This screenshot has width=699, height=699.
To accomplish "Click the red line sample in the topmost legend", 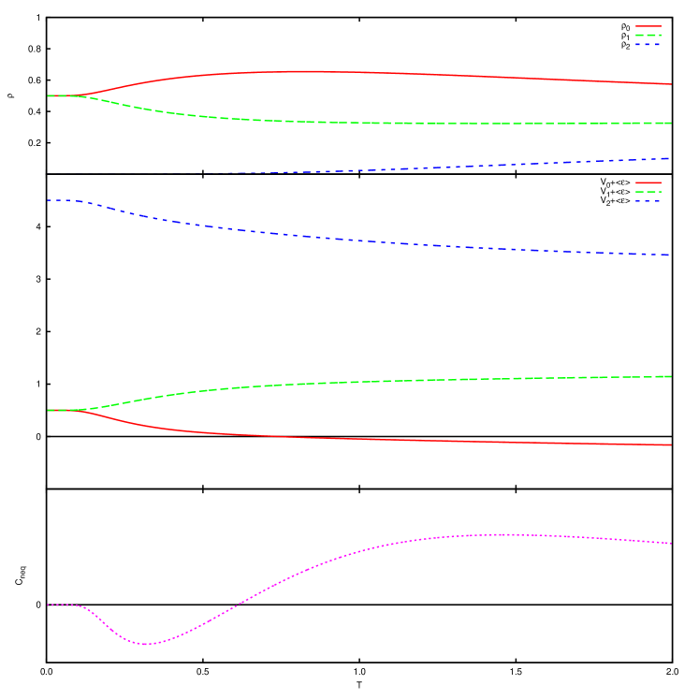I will pyautogui.click(x=648, y=26).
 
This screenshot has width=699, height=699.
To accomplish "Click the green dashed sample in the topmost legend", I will pyautogui.click(x=648, y=35).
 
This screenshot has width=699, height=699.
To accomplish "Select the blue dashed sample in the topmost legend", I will pyautogui.click(x=648, y=44).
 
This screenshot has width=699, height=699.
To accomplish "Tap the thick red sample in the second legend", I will pyautogui.click(x=648, y=182).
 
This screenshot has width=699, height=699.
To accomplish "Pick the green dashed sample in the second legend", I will pyautogui.click(x=648, y=192).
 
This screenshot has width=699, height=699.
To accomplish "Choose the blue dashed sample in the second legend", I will pyautogui.click(x=648, y=200).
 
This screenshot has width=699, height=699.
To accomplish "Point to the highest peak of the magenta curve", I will pyautogui.click(x=502, y=534).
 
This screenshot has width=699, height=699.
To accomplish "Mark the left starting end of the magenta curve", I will pyautogui.click(x=48, y=604).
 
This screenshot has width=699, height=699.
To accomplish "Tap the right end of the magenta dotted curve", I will pyautogui.click(x=671, y=543).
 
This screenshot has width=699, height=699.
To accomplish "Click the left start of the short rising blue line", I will pyautogui.click(x=227, y=172).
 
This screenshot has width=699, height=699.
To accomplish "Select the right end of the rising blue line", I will pyautogui.click(x=670, y=158).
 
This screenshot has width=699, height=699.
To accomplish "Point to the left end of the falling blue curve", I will pyautogui.click(x=48, y=200).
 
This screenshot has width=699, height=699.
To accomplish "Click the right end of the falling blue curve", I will pyautogui.click(x=670, y=255).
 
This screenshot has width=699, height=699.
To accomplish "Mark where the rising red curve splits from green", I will pyautogui.click(x=80, y=95).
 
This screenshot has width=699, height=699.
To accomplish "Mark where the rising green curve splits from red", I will pyautogui.click(x=80, y=410).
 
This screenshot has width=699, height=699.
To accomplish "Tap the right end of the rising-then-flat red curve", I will pyautogui.click(x=671, y=84).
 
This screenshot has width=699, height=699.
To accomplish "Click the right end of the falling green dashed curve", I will pyautogui.click(x=671, y=123).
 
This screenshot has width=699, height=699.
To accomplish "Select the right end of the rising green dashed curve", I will pyautogui.click(x=671, y=376).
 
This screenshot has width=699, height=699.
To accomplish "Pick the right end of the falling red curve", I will pyautogui.click(x=671, y=444).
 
